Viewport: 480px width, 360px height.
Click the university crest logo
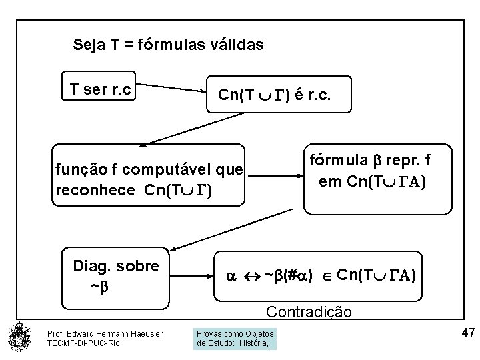19,337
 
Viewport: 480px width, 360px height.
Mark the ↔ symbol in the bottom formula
251,275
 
